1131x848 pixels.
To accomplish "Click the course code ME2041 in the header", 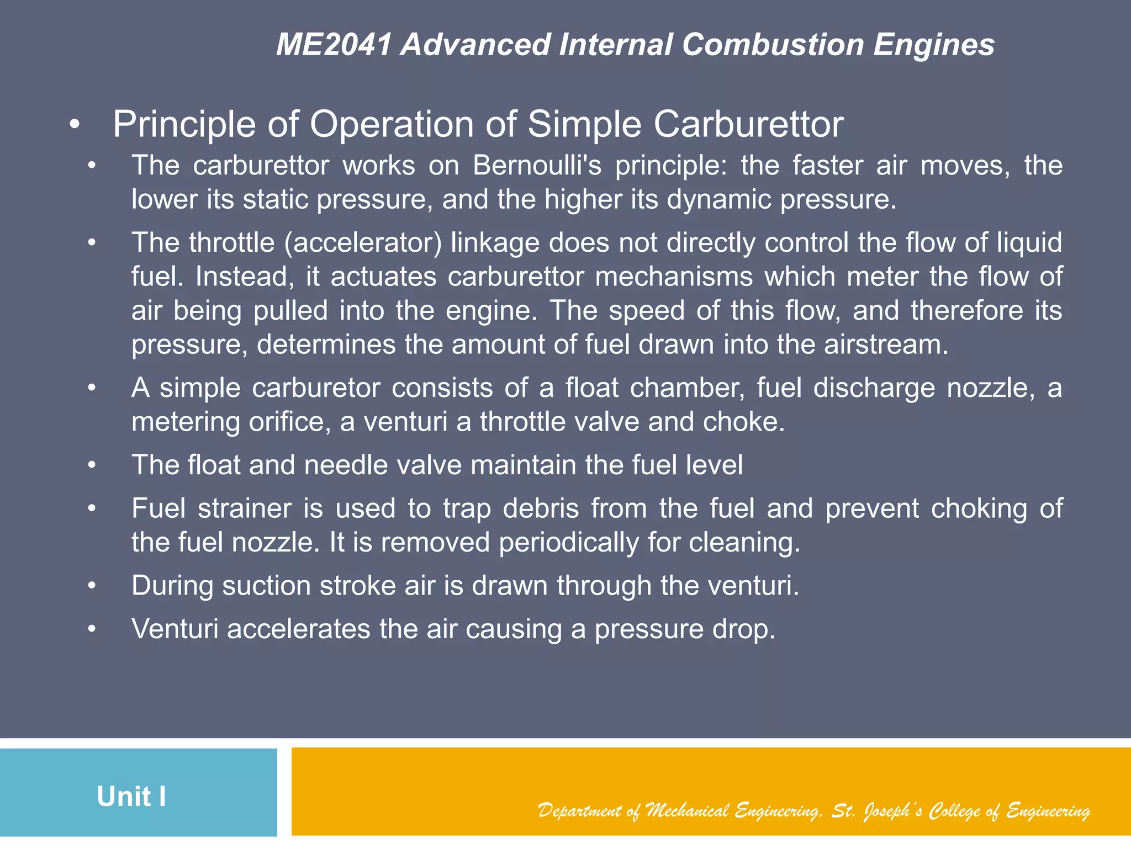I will [x=334, y=45].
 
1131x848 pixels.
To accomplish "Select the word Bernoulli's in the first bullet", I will [x=537, y=166].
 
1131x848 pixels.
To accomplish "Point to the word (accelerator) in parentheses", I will [x=363, y=243].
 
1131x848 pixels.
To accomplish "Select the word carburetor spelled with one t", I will [x=316, y=388].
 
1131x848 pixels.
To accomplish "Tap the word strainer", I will [x=244, y=508].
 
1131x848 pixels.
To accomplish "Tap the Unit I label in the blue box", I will [x=131, y=797].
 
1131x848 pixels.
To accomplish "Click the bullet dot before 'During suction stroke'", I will [x=92, y=586].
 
